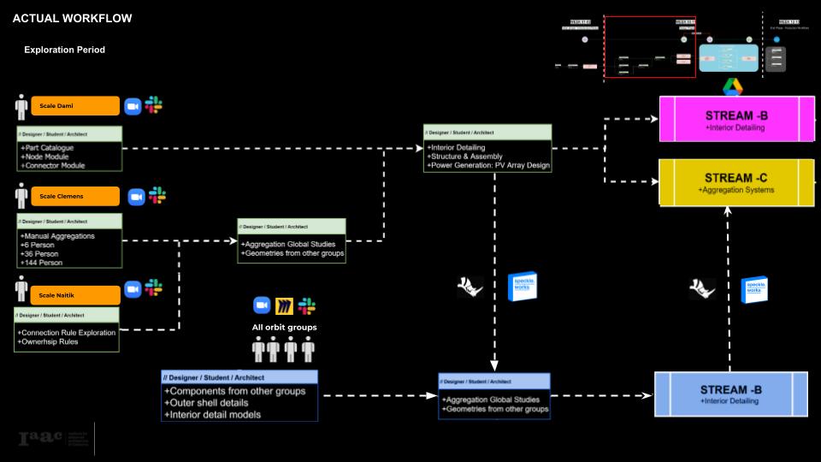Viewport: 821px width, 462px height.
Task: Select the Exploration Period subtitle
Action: [x=64, y=50]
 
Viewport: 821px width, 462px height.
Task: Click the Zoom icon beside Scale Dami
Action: [x=133, y=106]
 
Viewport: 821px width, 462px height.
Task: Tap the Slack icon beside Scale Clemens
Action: [x=157, y=196]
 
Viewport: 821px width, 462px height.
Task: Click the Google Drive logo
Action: [x=732, y=86]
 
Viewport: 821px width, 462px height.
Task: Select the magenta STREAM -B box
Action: [x=735, y=119]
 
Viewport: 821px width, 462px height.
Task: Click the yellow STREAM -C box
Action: [x=735, y=181]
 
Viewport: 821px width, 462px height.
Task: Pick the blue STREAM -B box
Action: [x=730, y=394]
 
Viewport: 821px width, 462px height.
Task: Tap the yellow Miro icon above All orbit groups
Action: [x=285, y=305]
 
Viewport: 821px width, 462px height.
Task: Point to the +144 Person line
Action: [x=43, y=263]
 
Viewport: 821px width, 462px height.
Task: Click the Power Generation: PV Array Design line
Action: [x=488, y=165]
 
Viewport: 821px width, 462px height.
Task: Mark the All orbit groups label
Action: [x=284, y=327]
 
